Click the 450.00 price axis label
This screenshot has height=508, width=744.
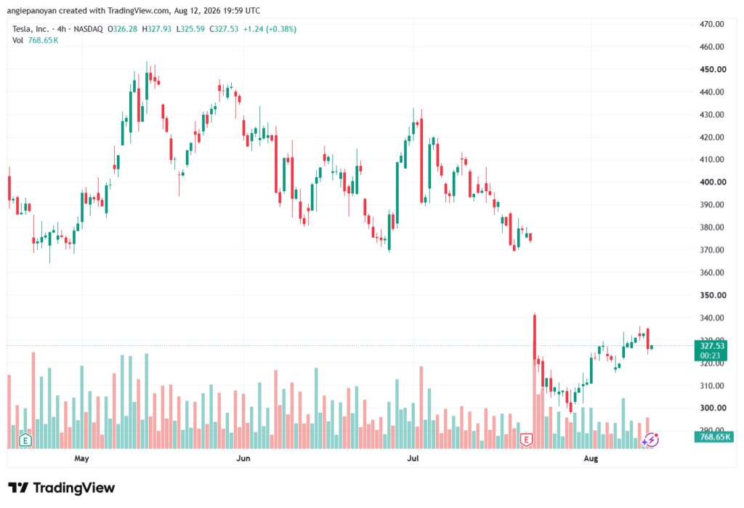[712, 69]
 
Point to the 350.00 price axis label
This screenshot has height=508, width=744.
[712, 295]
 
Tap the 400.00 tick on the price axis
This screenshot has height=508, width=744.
[712, 182]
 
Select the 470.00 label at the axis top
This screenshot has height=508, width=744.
[712, 24]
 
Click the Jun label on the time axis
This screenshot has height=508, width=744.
[243, 458]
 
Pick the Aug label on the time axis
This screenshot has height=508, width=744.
[591, 458]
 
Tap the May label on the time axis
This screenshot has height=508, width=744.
[81, 458]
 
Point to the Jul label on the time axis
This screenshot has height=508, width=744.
[413, 458]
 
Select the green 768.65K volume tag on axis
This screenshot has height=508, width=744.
[714, 437]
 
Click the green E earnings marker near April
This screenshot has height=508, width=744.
[25, 440]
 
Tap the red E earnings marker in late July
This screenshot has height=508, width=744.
[526, 440]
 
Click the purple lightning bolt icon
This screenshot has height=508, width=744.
[652, 440]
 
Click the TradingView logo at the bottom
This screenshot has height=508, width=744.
[62, 488]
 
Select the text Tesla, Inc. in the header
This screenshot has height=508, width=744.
[31, 29]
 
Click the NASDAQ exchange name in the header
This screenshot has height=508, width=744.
[88, 29]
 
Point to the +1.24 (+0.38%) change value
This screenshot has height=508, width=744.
[270, 29]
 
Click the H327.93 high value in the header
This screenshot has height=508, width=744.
[157, 29]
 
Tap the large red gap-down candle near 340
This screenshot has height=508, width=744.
[535, 336]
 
